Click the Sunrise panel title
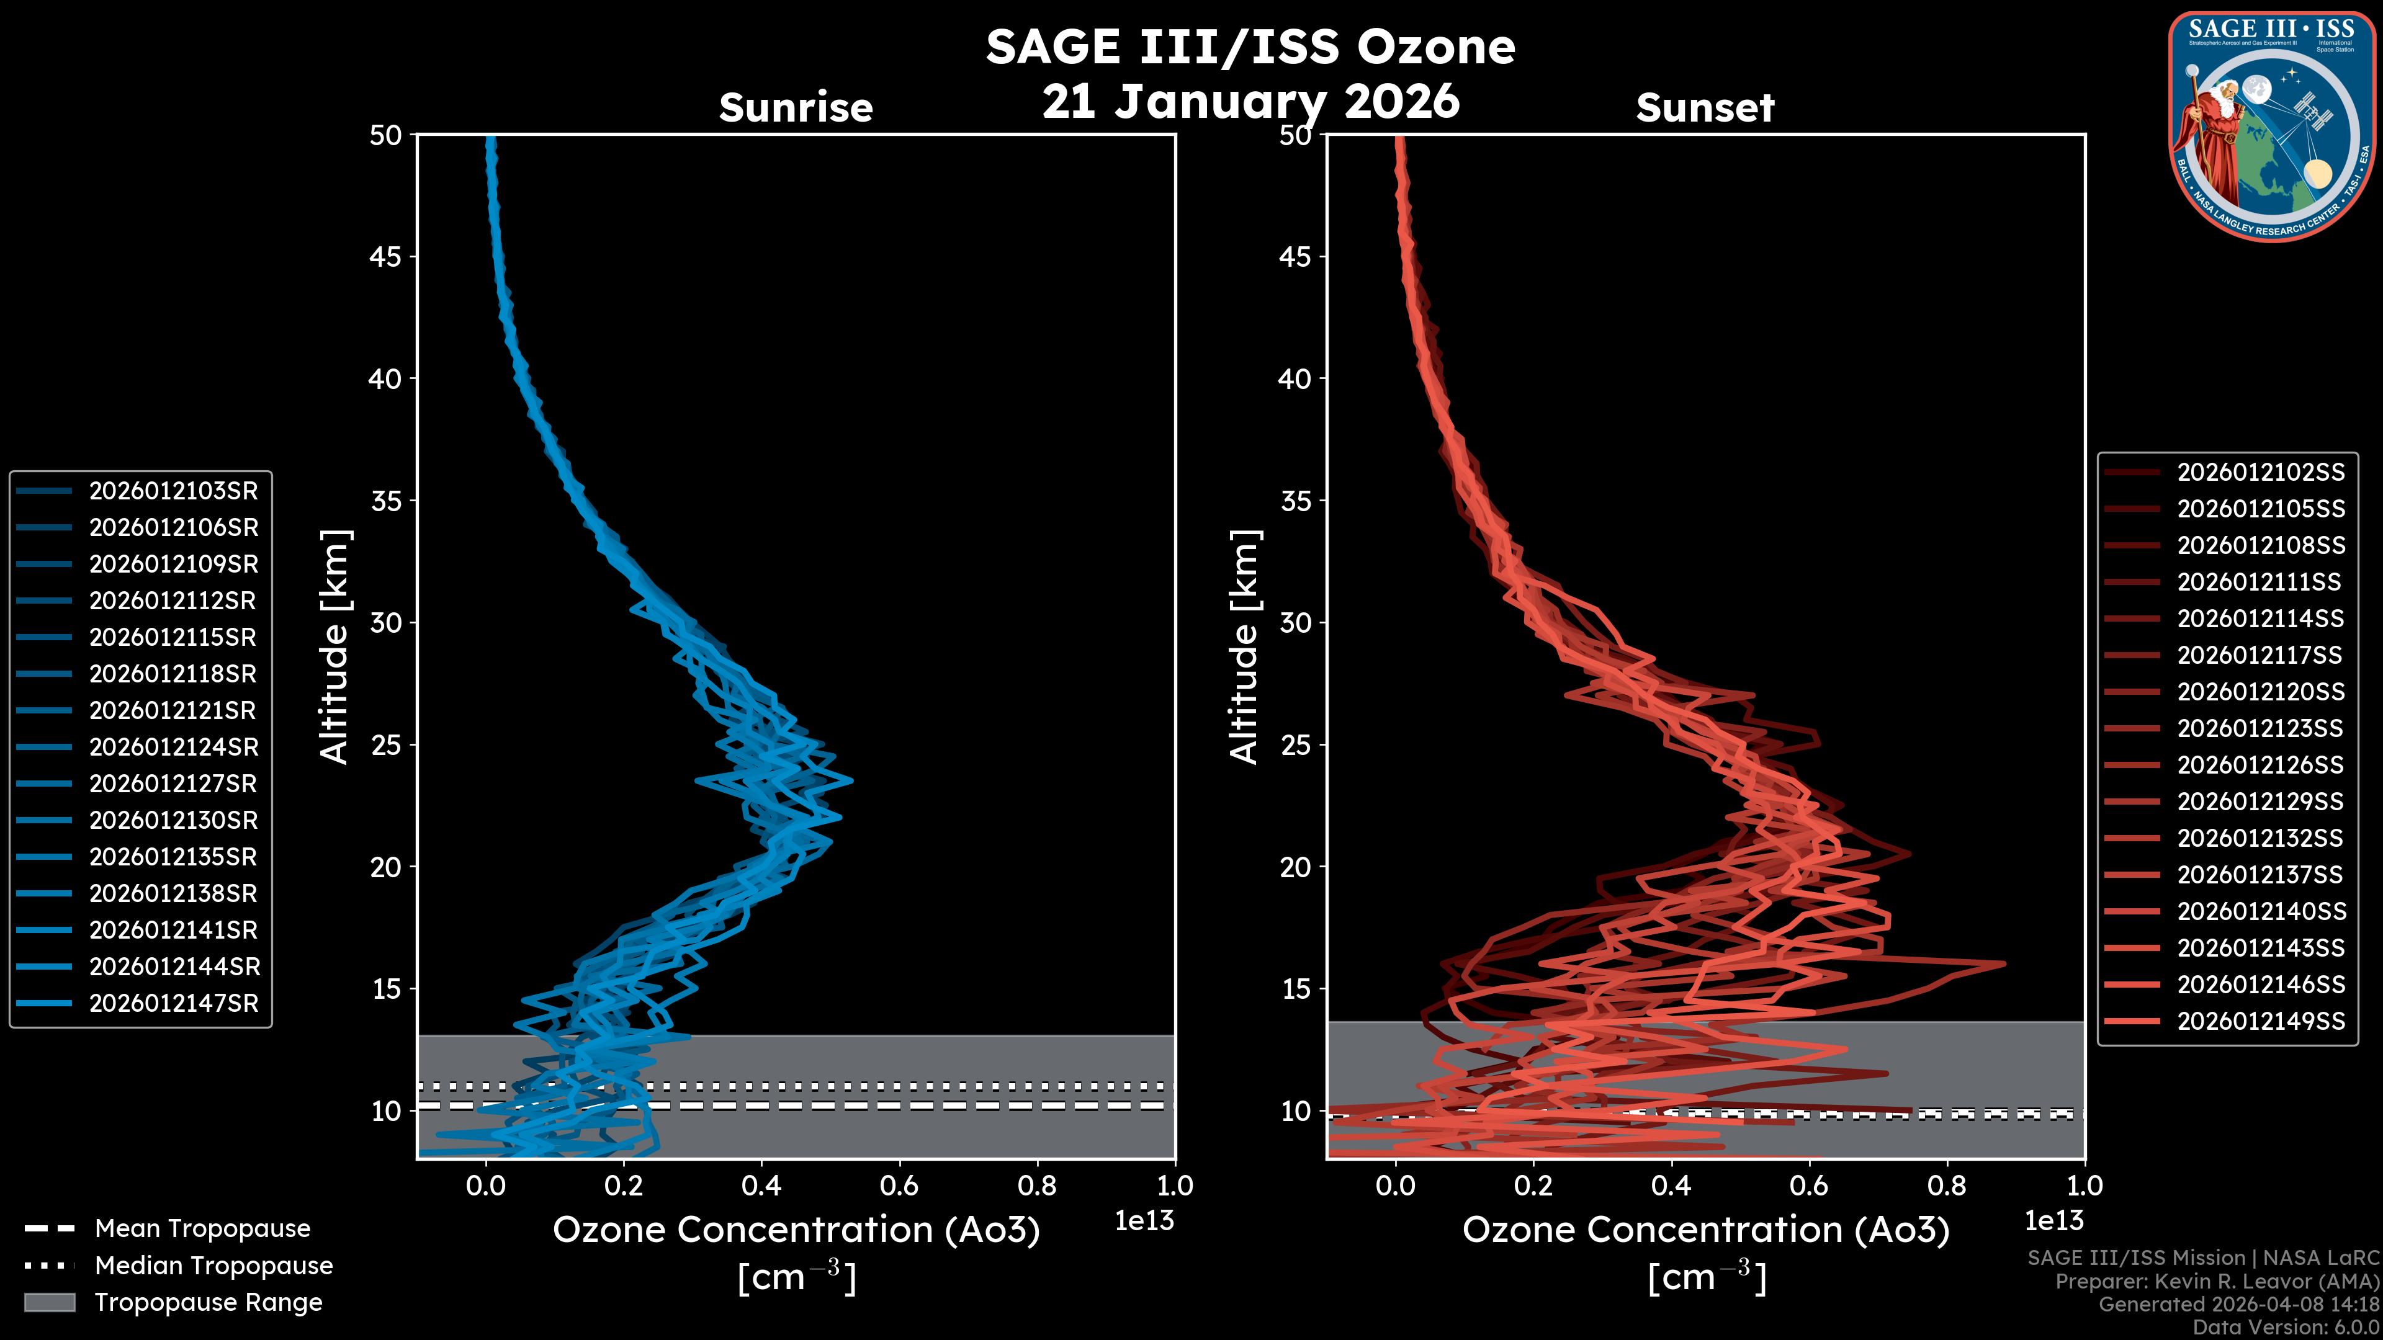(796, 108)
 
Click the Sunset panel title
(1705, 108)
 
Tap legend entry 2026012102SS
(2260, 473)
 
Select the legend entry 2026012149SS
(2260, 1021)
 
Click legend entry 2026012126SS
(2260, 765)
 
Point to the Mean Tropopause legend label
(202, 1229)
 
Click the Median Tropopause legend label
(213, 1266)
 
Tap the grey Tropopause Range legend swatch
(49, 1302)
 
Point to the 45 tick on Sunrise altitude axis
(386, 256)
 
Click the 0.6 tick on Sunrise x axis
(899, 1186)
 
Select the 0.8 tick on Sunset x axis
(1946, 1186)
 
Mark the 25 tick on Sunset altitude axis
(1295, 744)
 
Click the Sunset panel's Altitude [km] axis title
(1244, 647)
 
